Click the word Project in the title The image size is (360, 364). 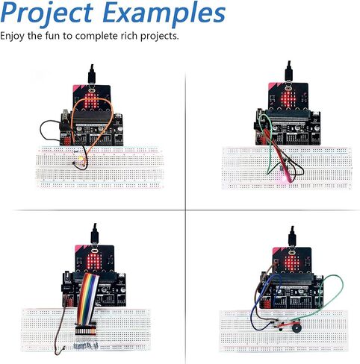47,13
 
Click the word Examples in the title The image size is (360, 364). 164,13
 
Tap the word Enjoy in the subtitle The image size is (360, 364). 13,37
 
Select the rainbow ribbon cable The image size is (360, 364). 87,298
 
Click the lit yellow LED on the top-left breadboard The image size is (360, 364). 81,157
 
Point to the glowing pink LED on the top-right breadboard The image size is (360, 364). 283,178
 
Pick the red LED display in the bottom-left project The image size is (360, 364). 93,261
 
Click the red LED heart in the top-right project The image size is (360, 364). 288,99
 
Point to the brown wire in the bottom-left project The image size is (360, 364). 60,328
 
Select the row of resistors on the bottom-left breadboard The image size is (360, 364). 86,346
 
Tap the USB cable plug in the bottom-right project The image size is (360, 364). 293,236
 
